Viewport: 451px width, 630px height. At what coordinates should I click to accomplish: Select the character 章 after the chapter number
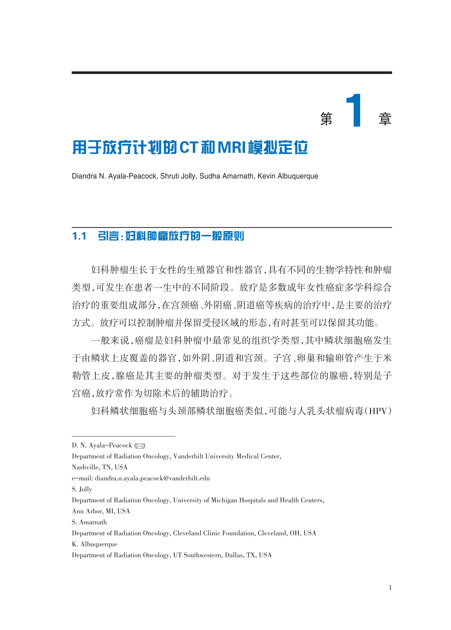click(x=385, y=119)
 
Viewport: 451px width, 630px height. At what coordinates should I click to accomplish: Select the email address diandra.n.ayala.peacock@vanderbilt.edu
click(x=152, y=478)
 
